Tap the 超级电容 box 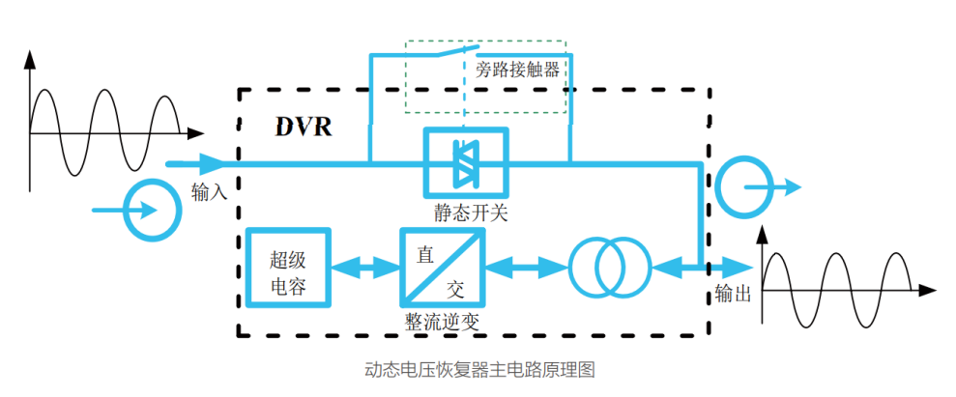(287, 268)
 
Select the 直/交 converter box (442, 268)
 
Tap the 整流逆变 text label (442, 321)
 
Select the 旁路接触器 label (518, 69)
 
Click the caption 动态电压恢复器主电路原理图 (478, 369)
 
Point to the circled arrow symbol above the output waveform (744, 185)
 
